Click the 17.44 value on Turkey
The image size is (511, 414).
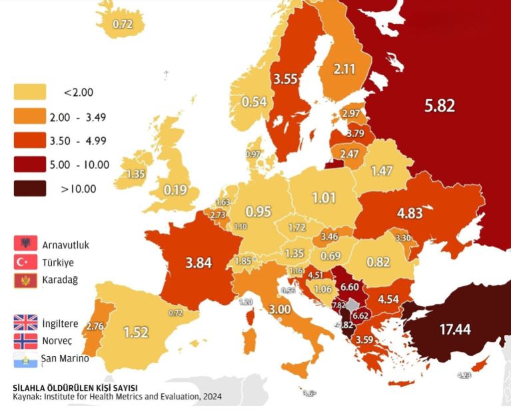455,328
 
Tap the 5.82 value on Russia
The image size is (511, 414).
439,104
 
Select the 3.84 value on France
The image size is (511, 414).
198,262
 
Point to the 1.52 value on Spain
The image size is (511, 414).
135,332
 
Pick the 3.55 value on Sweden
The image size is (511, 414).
285,79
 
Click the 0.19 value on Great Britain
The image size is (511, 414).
175,190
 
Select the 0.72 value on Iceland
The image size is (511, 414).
123,24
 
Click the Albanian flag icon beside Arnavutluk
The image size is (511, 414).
25,244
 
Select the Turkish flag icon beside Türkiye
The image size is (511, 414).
25,262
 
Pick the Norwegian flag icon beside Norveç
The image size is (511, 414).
25,341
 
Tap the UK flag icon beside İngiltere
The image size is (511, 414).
25,323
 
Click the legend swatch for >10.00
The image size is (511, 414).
30,188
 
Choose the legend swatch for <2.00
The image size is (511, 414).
30,92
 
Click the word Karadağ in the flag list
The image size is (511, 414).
60,280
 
